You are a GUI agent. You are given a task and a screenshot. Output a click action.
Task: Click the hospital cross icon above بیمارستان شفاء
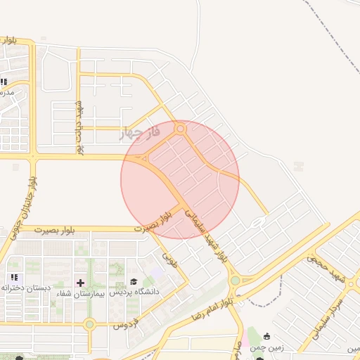pyautogui.click(x=79, y=282)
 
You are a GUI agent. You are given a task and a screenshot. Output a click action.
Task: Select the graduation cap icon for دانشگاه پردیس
pyautogui.click(x=134, y=281)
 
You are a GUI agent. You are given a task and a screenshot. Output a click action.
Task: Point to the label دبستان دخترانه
pyautogui.click(x=24, y=288)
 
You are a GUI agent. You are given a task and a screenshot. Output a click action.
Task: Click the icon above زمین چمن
pyautogui.click(x=266, y=337)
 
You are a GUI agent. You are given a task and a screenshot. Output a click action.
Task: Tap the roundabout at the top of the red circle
pyautogui.click(x=181, y=129)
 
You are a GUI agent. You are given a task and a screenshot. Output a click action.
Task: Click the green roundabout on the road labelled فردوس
pyautogui.click(x=89, y=324)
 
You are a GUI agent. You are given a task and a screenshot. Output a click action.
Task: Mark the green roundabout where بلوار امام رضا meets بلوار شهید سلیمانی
pyautogui.click(x=234, y=281)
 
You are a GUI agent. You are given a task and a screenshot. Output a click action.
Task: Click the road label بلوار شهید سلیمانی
pyautogui.click(x=214, y=239)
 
